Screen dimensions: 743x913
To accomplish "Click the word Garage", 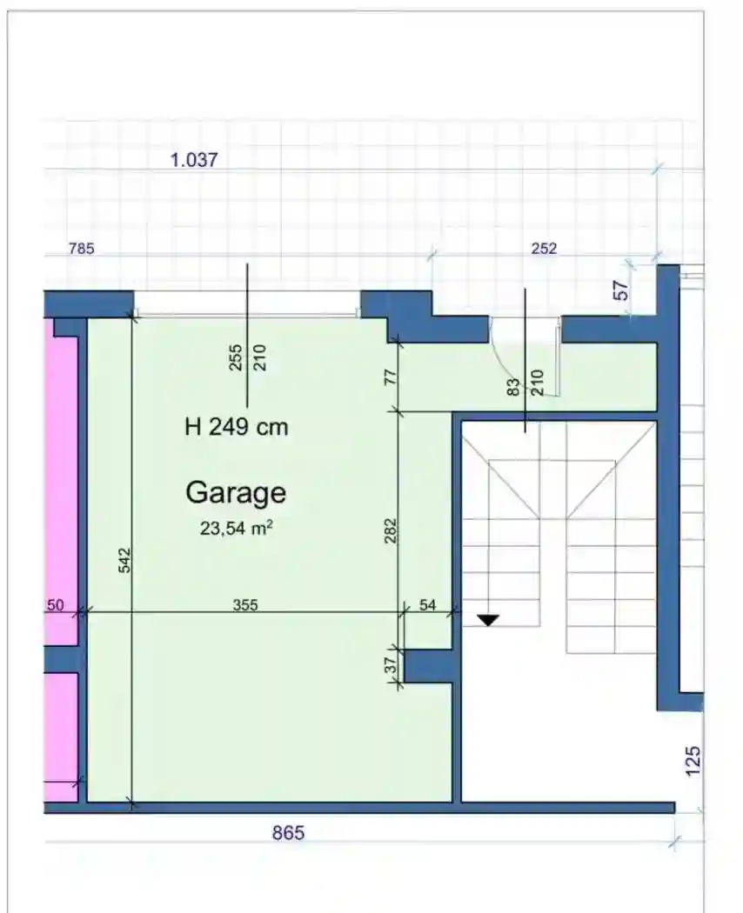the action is pyautogui.click(x=236, y=493).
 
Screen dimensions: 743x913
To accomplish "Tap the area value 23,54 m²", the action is pyautogui.click(x=237, y=528).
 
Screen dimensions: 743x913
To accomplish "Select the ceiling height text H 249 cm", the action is pyautogui.click(x=236, y=428).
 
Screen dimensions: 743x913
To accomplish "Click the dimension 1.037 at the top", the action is pyautogui.click(x=194, y=159).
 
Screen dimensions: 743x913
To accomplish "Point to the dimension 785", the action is pyautogui.click(x=82, y=249).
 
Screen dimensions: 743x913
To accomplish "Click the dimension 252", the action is pyautogui.click(x=544, y=248).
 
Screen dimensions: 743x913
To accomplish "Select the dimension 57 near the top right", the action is pyautogui.click(x=622, y=290).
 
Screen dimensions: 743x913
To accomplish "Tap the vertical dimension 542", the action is pyautogui.click(x=124, y=560).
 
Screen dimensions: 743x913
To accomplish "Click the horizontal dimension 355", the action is pyautogui.click(x=245, y=605).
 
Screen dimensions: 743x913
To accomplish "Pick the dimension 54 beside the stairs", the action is pyautogui.click(x=428, y=605).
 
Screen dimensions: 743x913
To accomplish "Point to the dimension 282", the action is pyautogui.click(x=391, y=530).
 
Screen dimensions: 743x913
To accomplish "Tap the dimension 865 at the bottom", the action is pyautogui.click(x=289, y=833).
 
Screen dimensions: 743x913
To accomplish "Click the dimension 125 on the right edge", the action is pyautogui.click(x=693, y=761).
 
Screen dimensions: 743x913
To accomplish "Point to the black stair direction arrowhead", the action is pyautogui.click(x=488, y=619).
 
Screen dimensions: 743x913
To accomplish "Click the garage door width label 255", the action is pyautogui.click(x=236, y=357).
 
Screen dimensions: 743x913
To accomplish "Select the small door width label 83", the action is pyautogui.click(x=513, y=387).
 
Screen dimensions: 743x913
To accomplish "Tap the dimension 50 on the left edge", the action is pyautogui.click(x=55, y=605).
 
